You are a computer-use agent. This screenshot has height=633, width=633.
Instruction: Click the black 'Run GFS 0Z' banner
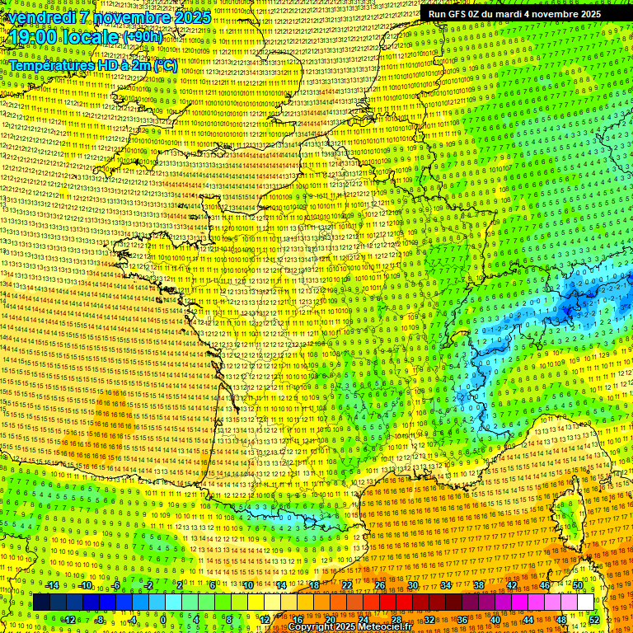(514, 14)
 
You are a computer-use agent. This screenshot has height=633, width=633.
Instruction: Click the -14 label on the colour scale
(51, 585)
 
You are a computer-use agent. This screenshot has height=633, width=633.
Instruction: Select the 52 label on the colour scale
(594, 620)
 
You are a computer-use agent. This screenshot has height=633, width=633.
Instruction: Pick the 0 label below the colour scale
(163, 620)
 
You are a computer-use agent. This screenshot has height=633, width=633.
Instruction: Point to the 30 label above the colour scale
(412, 585)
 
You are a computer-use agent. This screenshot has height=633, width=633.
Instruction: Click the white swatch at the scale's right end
(584, 603)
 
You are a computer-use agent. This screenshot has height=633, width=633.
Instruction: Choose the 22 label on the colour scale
(347, 585)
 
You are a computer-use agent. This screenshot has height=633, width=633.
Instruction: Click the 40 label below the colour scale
(495, 620)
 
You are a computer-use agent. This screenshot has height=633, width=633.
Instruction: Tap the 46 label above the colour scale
(545, 585)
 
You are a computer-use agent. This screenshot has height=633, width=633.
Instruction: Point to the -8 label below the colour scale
(99, 620)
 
